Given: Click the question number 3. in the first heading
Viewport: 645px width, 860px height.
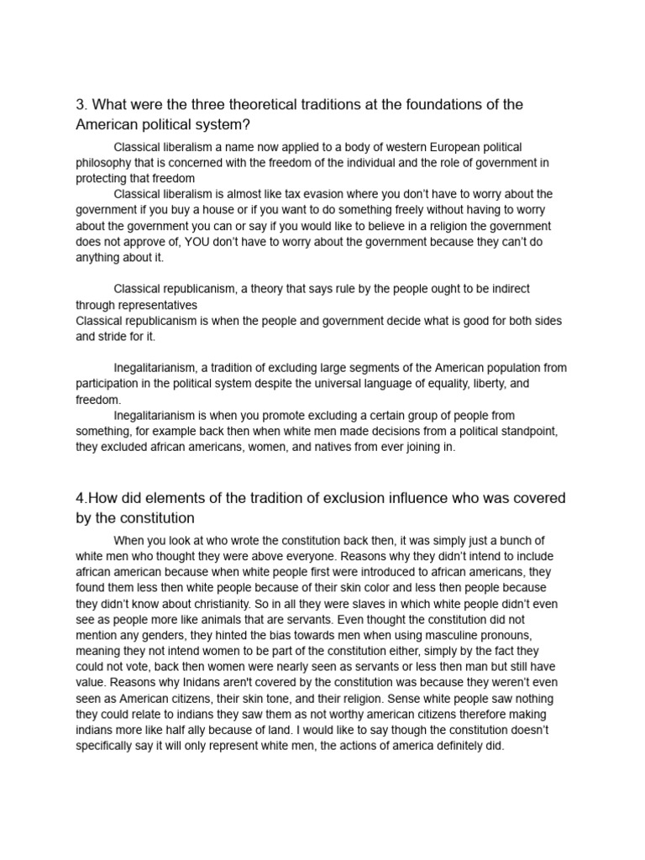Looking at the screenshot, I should click(x=81, y=105).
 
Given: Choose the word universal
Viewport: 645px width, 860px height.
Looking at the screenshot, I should click(x=359, y=384).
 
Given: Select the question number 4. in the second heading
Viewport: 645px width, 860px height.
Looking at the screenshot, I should click(x=81, y=499).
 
